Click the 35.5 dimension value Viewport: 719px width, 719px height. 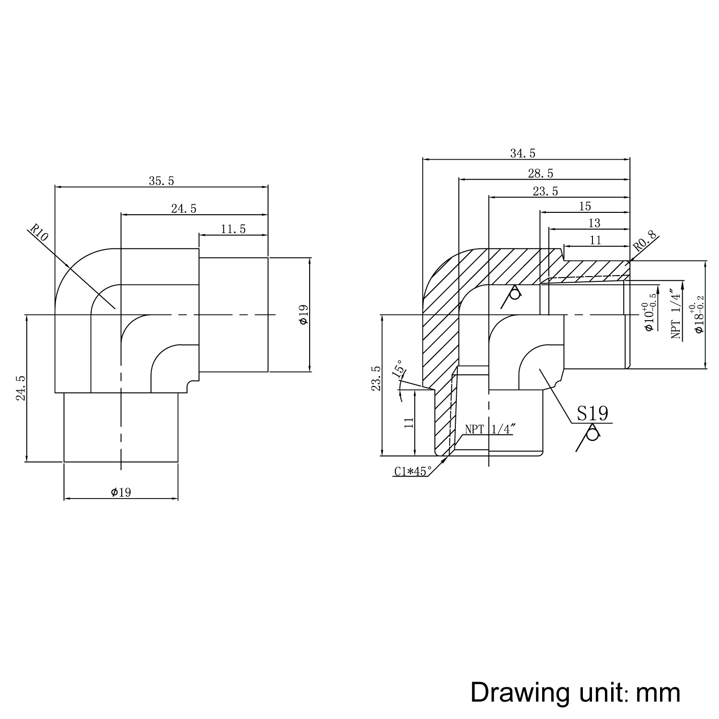pyautogui.click(x=162, y=181)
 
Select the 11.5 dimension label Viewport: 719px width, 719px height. pyautogui.click(x=233, y=229)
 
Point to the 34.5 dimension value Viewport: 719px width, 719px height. pyautogui.click(x=522, y=153)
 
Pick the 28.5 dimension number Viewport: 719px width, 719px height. pyautogui.click(x=541, y=173)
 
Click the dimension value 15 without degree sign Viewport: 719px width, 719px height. pyautogui.click(x=585, y=206)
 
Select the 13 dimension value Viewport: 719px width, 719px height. pyautogui.click(x=594, y=223)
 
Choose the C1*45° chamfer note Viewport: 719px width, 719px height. pyautogui.click(x=413, y=471)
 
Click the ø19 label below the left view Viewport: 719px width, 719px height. pyautogui.click(x=121, y=492)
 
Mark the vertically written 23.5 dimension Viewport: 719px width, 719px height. pyautogui.click(x=376, y=378)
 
